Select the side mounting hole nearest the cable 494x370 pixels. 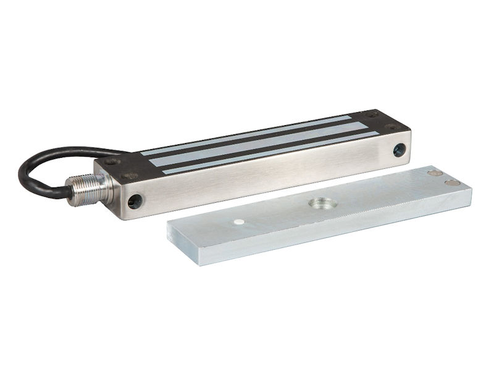point(135,200)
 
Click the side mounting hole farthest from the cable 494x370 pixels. point(399,149)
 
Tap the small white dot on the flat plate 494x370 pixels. point(239,221)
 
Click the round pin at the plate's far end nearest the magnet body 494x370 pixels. point(435,173)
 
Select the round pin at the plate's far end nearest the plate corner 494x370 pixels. point(453,183)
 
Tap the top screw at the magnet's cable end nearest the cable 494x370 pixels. point(112,162)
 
